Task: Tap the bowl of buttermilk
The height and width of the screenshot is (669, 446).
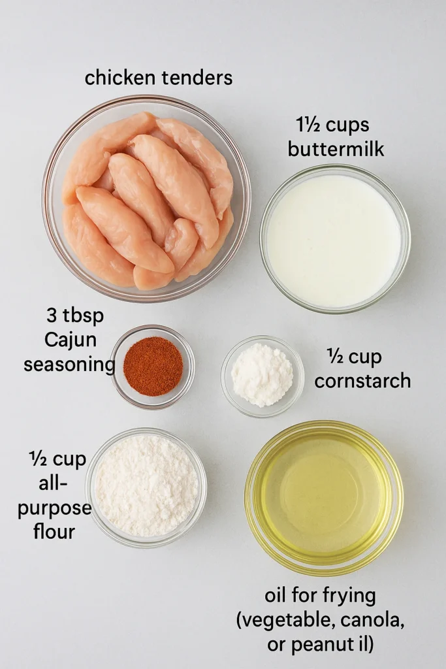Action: (x=335, y=239)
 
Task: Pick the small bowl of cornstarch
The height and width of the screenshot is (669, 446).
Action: (x=263, y=376)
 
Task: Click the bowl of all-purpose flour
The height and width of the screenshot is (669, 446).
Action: (x=146, y=487)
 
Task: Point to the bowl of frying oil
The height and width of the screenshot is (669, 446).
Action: (x=324, y=498)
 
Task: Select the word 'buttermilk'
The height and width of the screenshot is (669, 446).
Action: (x=336, y=150)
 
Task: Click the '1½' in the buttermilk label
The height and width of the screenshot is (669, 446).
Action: (x=308, y=125)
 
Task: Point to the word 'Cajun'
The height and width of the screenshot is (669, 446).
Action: (x=71, y=340)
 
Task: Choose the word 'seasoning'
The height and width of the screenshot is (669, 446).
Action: (x=69, y=365)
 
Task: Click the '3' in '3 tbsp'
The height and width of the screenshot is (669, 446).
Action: (x=52, y=316)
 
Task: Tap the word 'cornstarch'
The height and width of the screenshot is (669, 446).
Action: (x=363, y=381)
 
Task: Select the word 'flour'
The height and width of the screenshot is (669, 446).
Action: (x=54, y=532)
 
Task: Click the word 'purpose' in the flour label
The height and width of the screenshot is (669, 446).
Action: (x=55, y=509)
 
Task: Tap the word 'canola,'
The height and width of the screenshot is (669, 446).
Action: (x=372, y=621)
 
